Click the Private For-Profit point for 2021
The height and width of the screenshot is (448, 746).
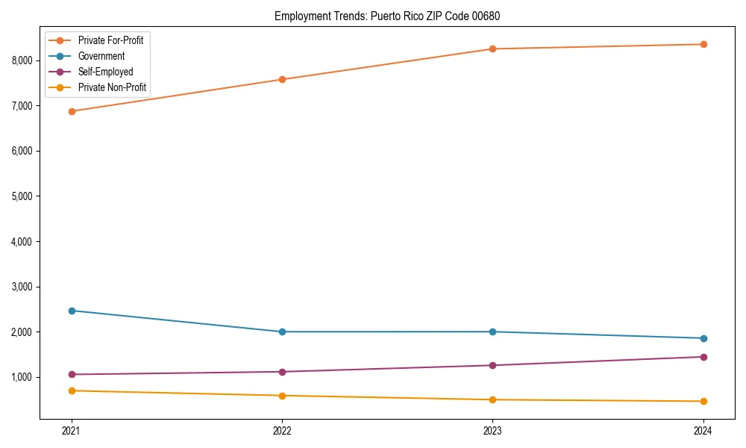[72, 111]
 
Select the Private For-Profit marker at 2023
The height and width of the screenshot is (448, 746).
[492, 49]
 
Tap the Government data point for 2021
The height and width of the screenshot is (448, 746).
[72, 311]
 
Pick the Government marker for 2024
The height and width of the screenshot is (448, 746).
[703, 338]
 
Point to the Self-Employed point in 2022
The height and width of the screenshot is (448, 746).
[282, 372]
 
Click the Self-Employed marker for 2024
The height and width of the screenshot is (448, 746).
[703, 357]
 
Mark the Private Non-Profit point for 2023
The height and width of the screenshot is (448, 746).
[492, 399]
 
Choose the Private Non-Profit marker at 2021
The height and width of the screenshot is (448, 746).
[72, 391]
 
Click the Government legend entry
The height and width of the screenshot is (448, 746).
[101, 56]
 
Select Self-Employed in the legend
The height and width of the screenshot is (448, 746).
[105, 72]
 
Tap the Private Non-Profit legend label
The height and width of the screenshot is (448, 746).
[112, 88]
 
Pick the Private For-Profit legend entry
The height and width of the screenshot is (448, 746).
[110, 40]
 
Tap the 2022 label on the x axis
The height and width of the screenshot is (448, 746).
[282, 430]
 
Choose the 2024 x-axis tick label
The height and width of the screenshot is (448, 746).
[703, 430]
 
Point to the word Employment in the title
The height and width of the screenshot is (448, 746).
[298, 16]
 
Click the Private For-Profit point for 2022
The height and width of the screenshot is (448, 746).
[282, 79]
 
